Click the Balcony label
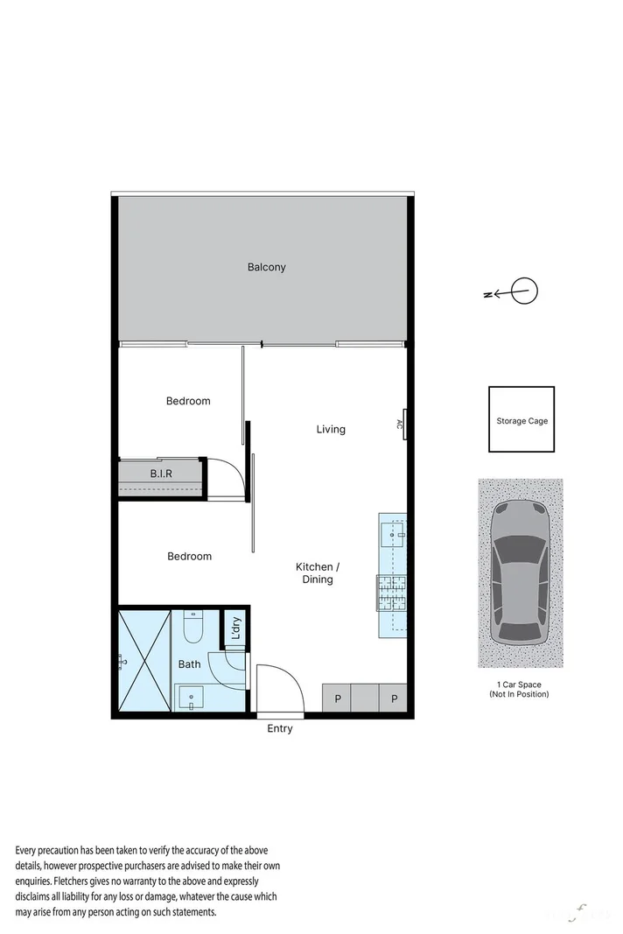click(x=266, y=267)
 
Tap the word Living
click(x=331, y=429)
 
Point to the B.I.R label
click(x=161, y=474)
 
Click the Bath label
click(x=189, y=664)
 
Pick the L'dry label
click(x=235, y=629)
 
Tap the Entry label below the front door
click(x=280, y=728)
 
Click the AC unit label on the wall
click(x=401, y=425)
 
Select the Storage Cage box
click(x=521, y=420)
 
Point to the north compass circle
click(x=524, y=291)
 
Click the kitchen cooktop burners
click(x=391, y=592)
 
